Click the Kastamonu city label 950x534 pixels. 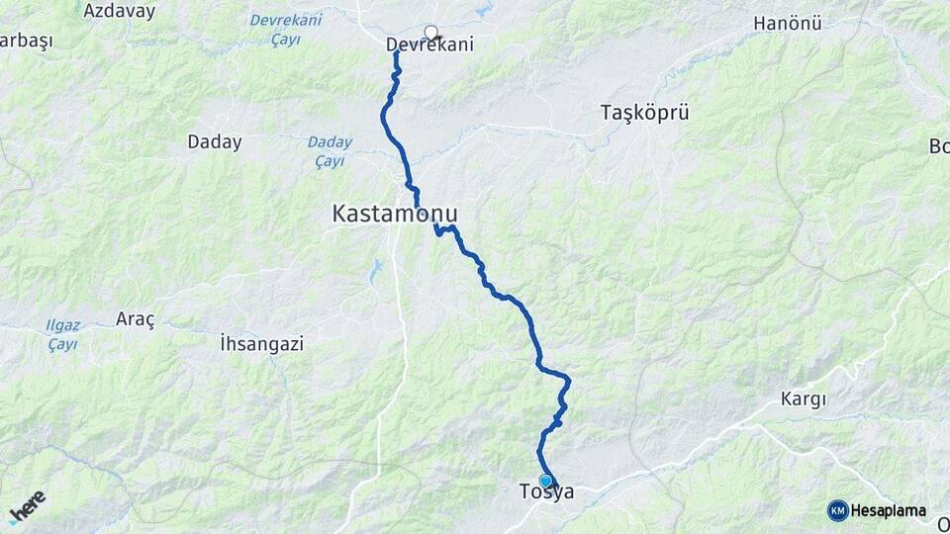pos(396,213)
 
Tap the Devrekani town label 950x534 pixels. pos(428,44)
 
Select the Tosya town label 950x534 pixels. pos(546,492)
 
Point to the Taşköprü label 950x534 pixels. pos(644,113)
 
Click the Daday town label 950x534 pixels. pos(215,142)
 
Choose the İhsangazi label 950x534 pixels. pos(261,344)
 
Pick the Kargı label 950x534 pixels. pos(804,399)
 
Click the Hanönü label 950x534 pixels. pos(788,23)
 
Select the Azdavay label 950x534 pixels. pos(120,12)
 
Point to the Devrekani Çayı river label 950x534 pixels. pos(286,30)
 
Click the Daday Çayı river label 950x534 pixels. pos(329,150)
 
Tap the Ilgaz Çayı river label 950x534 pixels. pos(63,334)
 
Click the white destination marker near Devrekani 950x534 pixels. pos(431,32)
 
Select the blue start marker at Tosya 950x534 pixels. pos(545,481)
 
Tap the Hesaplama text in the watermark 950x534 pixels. pos(889,511)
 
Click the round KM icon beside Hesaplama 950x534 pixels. pos(837,511)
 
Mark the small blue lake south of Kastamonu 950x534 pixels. pos(375,271)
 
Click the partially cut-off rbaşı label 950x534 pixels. pos(26,41)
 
